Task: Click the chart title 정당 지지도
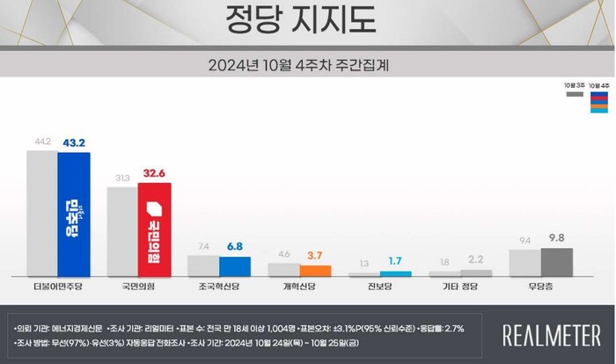pyautogui.click(x=307, y=20)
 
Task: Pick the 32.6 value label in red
pyautogui.click(x=155, y=175)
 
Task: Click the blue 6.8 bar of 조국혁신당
pyautogui.click(x=235, y=266)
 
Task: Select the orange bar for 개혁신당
pyautogui.click(x=315, y=271)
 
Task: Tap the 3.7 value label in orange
pyautogui.click(x=315, y=255)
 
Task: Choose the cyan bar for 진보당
pyautogui.click(x=395, y=273)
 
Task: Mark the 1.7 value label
pyautogui.click(x=395, y=262)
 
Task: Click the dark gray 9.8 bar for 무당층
pyautogui.click(x=556, y=262)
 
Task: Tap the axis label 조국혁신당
pyautogui.click(x=220, y=287)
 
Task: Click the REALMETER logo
pyautogui.click(x=550, y=334)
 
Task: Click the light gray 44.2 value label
pyautogui.click(x=41, y=142)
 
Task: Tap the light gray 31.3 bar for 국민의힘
pyautogui.click(x=122, y=231)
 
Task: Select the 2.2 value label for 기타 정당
pyautogui.click(x=476, y=260)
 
